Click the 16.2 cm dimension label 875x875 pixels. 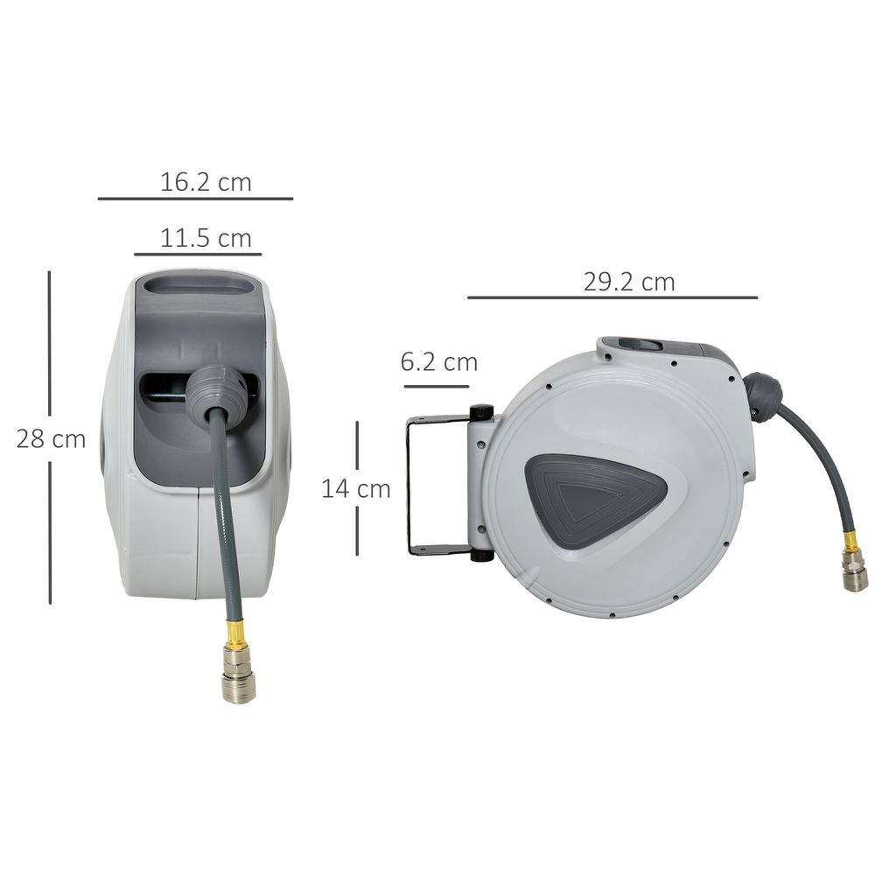[x=206, y=182]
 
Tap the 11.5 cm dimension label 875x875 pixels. [x=206, y=238]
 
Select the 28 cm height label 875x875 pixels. [x=51, y=438]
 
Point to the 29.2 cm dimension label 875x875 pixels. [x=629, y=282]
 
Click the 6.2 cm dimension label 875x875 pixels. [x=439, y=361]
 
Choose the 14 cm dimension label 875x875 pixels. [x=356, y=488]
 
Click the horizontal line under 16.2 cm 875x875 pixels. [x=195, y=199]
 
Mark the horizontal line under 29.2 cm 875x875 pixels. [x=612, y=297]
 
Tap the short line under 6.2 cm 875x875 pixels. [x=435, y=383]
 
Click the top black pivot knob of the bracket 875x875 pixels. [x=480, y=412]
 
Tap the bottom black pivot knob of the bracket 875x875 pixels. [x=481, y=554]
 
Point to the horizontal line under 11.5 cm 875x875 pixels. [x=198, y=255]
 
